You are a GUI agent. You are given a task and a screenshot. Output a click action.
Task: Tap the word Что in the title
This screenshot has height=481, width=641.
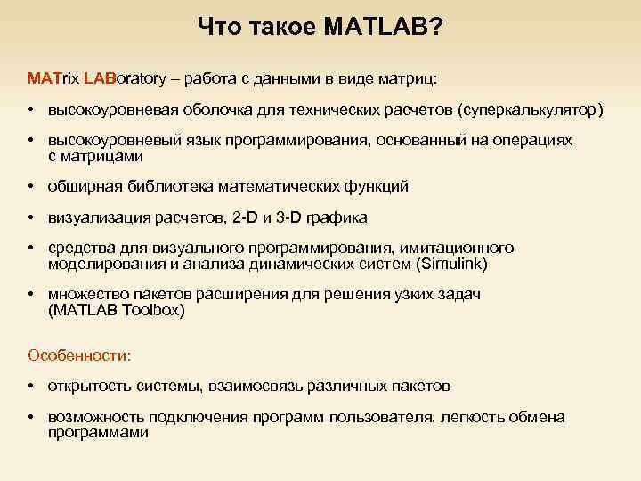point(218,28)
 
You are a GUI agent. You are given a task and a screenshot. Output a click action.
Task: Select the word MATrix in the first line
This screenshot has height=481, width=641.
point(53,78)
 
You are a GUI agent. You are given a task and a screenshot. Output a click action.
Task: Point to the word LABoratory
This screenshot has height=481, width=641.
point(126,78)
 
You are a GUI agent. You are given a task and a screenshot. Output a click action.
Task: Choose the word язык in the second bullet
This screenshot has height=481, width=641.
point(199,142)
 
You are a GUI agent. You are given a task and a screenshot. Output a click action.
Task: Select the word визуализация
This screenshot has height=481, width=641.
point(93,217)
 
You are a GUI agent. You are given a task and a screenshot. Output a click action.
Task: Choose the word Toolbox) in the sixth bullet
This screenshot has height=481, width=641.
point(154,310)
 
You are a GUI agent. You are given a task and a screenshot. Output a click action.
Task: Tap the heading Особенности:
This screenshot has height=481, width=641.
point(79,355)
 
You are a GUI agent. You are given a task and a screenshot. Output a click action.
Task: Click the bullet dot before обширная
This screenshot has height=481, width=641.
point(31,186)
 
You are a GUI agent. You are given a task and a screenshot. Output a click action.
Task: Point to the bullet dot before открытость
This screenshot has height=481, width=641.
point(31,387)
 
